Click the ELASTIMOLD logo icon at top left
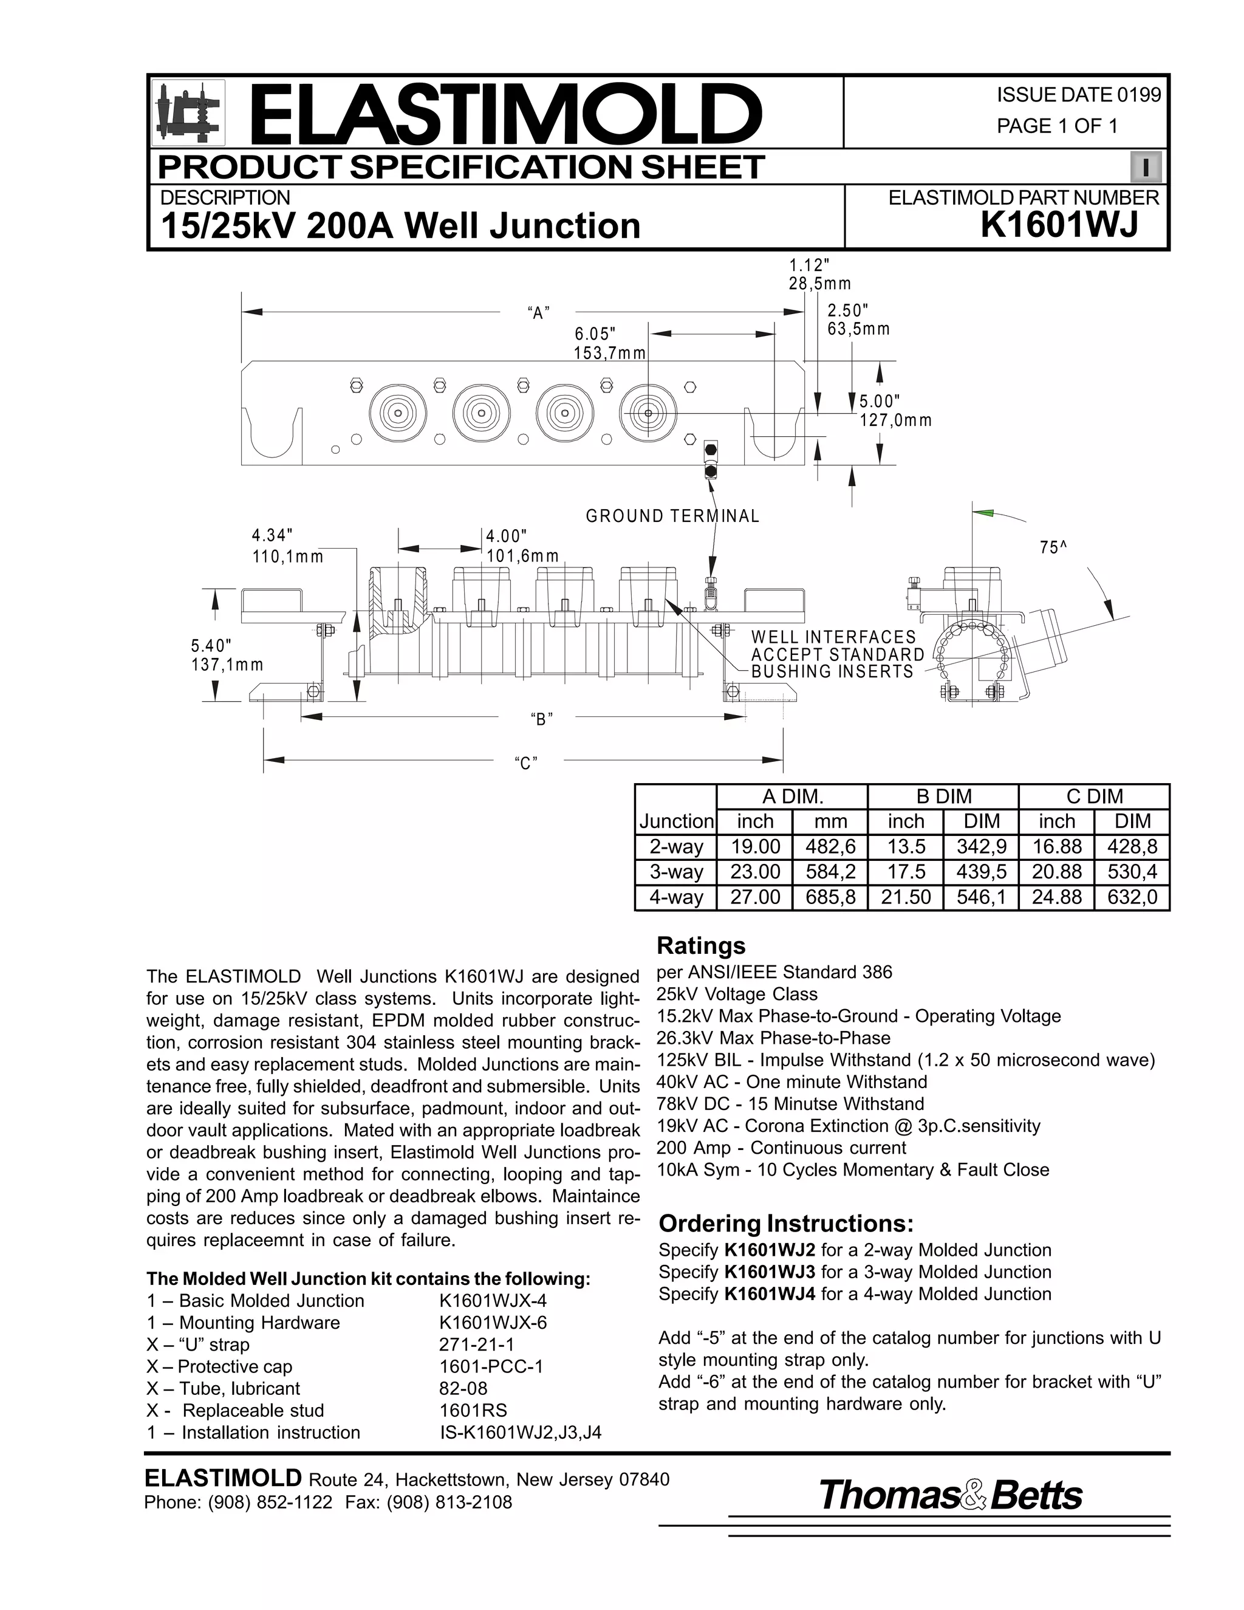(188, 112)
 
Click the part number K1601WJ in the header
(1059, 225)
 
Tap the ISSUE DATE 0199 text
(1078, 94)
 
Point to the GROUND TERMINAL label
(672, 516)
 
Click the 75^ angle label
(1054, 548)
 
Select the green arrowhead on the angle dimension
(985, 512)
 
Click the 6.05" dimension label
(595, 334)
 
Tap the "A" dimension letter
(539, 312)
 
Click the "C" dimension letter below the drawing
(525, 764)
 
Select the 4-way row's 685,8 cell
(830, 897)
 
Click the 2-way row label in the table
(676, 846)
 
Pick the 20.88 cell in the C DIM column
(1056, 872)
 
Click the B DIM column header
(943, 796)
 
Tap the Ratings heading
(701, 946)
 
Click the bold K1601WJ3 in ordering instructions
(770, 1272)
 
